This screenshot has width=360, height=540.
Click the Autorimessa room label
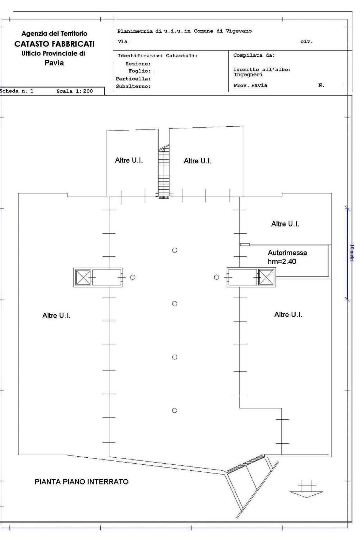tap(287, 253)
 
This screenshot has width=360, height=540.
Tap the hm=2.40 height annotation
tap(282, 261)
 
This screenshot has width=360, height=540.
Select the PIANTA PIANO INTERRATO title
tap(82, 482)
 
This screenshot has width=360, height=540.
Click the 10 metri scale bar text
tap(352, 253)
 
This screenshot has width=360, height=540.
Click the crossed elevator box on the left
tap(83, 278)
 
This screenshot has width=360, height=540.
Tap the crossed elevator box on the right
tap(266, 277)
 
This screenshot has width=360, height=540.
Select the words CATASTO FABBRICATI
tap(55, 44)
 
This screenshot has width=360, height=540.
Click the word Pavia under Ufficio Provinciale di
tap(54, 63)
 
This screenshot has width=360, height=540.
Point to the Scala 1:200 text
tap(75, 91)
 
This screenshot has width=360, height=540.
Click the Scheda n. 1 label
tap(17, 91)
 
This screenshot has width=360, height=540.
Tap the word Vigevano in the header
tap(239, 31)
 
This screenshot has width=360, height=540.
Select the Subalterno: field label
tap(133, 86)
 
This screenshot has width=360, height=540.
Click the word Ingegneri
tap(248, 75)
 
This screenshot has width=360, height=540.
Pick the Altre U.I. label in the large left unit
tap(56, 316)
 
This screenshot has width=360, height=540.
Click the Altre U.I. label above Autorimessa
tap(285, 224)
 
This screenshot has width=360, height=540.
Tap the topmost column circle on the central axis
tap(175, 250)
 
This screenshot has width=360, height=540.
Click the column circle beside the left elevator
tap(133, 277)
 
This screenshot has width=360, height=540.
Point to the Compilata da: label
tap(254, 55)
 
